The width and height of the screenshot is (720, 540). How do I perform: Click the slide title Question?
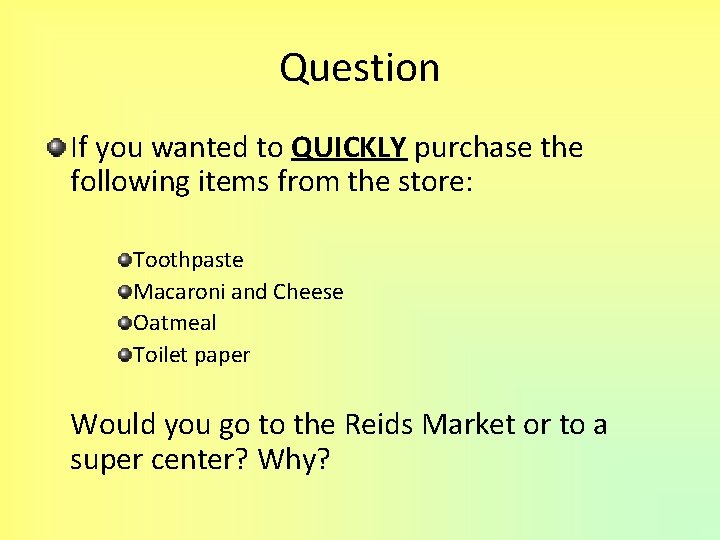click(360, 68)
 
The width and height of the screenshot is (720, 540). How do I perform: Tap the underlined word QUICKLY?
click(348, 149)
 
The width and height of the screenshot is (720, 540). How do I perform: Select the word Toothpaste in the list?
click(188, 260)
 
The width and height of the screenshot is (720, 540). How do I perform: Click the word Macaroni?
click(179, 292)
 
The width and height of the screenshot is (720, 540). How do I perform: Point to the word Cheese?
click(308, 292)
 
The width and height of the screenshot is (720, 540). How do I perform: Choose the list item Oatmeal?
click(175, 323)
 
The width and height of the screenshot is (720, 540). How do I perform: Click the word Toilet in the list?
click(161, 355)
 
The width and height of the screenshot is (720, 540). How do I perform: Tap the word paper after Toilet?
click(222, 356)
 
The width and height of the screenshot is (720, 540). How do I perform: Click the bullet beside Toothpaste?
click(124, 261)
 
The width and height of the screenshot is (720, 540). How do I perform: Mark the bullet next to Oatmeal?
click(124, 324)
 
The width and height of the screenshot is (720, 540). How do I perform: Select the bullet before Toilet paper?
click(124, 355)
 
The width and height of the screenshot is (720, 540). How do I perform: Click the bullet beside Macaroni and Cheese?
click(124, 292)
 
